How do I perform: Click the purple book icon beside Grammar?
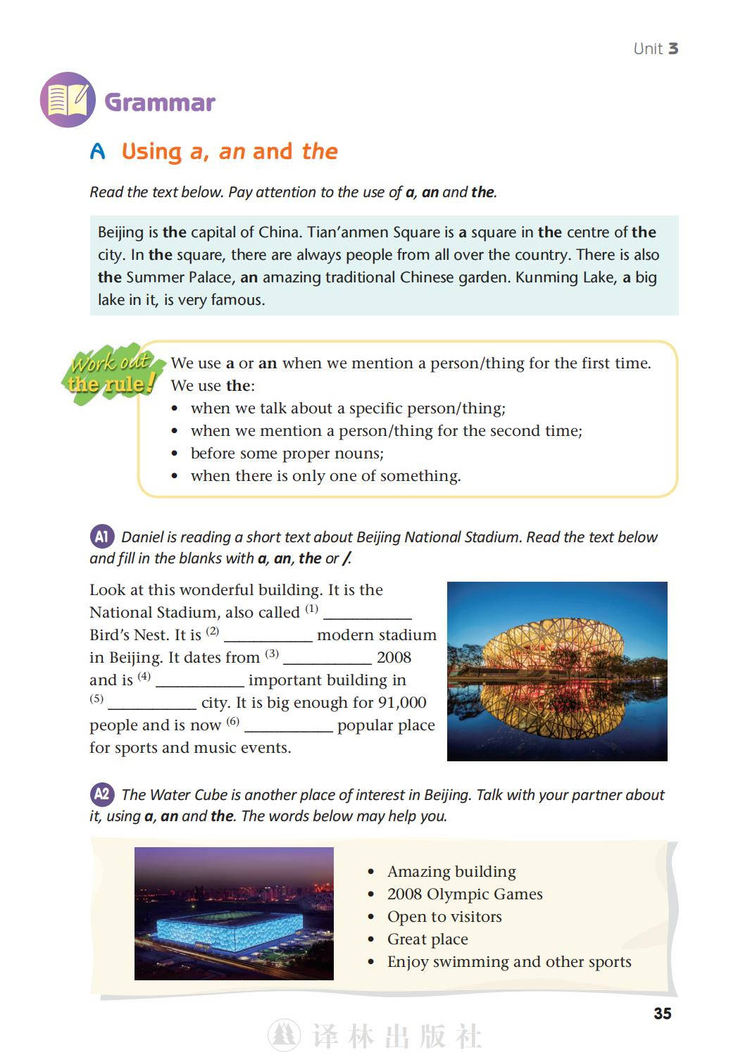[x=68, y=100]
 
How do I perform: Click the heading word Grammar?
[x=160, y=102]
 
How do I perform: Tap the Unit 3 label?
[x=655, y=49]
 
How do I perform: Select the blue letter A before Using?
[x=98, y=151]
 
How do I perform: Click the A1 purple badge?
[x=101, y=537]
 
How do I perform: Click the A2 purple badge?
[x=101, y=794]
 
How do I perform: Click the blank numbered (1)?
[x=367, y=613]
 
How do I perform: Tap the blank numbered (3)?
[x=327, y=658]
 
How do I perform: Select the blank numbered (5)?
[x=152, y=704]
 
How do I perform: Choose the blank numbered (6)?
[x=288, y=726]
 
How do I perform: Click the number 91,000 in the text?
[x=402, y=703]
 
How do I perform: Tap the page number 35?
[x=662, y=1013]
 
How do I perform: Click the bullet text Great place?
[x=427, y=939]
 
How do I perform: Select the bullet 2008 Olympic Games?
[x=465, y=894]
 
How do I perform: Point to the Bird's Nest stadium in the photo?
[x=556, y=645]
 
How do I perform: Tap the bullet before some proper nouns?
[x=287, y=454]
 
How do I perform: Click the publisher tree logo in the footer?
[x=284, y=1036]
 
